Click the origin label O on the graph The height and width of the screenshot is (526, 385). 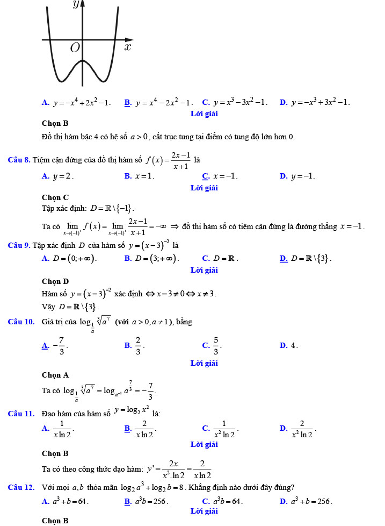tap(75, 48)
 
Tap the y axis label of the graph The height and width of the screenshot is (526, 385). tap(76, 5)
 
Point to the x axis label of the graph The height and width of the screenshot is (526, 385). tap(127, 47)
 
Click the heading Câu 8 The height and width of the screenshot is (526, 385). tap(19, 159)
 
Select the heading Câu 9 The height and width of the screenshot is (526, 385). tap(19, 245)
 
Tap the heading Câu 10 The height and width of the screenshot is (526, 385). tap(21, 322)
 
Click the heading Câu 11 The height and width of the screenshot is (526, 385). tap(21, 414)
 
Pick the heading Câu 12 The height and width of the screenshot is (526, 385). tap(21, 487)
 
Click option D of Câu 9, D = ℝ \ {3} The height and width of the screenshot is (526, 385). tap(306, 259)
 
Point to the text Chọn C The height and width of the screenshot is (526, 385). tap(55, 197)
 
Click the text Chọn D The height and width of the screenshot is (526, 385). tap(55, 281)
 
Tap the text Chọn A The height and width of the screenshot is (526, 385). tap(55, 375)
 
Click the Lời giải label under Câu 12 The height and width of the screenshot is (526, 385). tap(204, 511)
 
